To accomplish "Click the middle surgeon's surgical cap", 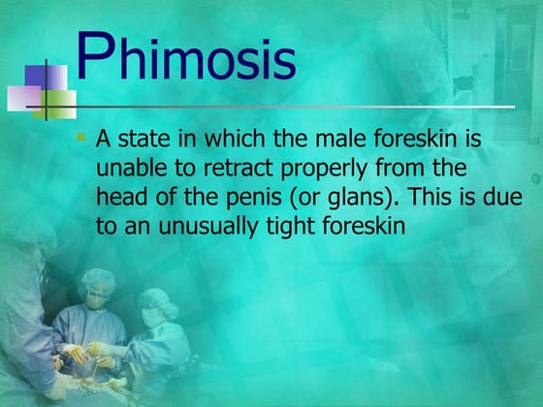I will [98, 281].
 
